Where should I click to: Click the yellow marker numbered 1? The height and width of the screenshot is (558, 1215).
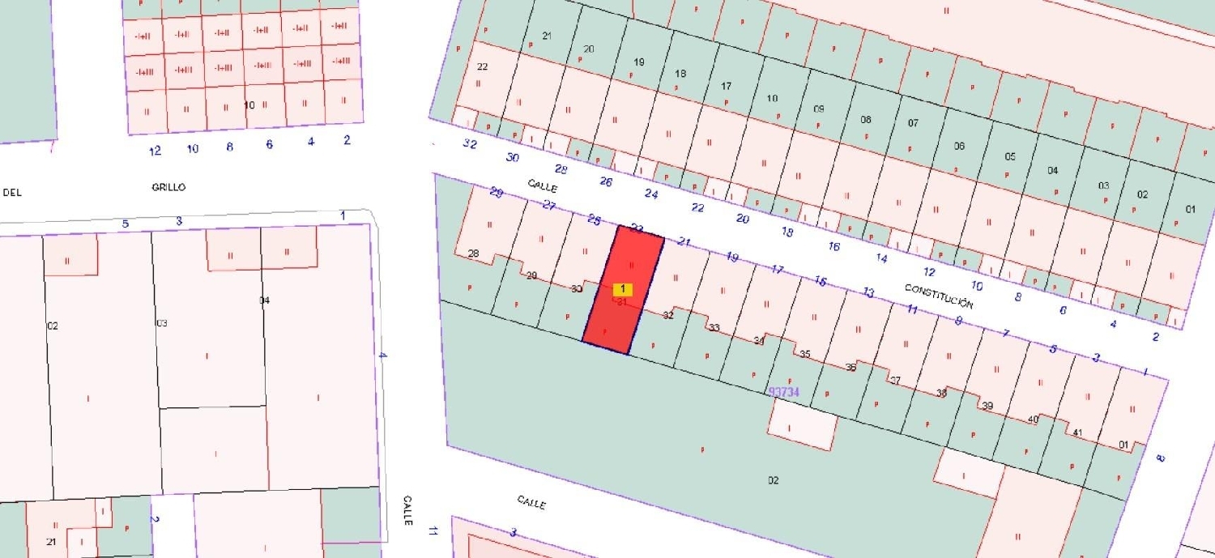(x=622, y=289)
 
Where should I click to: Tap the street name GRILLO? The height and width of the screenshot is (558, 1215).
(x=168, y=187)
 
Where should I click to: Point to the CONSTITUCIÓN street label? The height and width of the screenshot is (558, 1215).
(x=938, y=296)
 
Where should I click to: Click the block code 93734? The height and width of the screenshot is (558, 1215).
(x=783, y=392)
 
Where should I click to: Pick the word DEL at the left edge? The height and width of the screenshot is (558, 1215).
(x=12, y=193)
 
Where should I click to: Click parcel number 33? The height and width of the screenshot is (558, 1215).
(x=714, y=328)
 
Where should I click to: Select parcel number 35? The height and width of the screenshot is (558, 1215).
(x=804, y=355)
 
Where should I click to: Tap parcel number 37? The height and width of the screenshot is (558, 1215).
(x=895, y=381)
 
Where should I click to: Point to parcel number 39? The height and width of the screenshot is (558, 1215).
(x=987, y=406)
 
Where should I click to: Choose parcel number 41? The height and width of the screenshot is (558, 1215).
(x=1076, y=432)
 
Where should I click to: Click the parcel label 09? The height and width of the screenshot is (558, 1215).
(x=818, y=109)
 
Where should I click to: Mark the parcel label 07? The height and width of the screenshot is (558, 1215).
(x=913, y=123)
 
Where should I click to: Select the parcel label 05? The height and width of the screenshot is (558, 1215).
(x=1009, y=156)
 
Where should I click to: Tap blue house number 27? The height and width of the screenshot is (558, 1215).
(x=548, y=206)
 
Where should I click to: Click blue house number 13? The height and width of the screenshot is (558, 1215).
(x=868, y=292)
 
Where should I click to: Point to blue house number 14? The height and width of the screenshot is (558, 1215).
(x=881, y=259)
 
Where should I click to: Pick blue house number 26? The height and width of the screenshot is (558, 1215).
(x=605, y=181)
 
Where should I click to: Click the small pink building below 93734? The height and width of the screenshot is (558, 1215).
(x=801, y=425)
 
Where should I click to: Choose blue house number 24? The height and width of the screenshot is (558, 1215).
(x=650, y=194)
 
